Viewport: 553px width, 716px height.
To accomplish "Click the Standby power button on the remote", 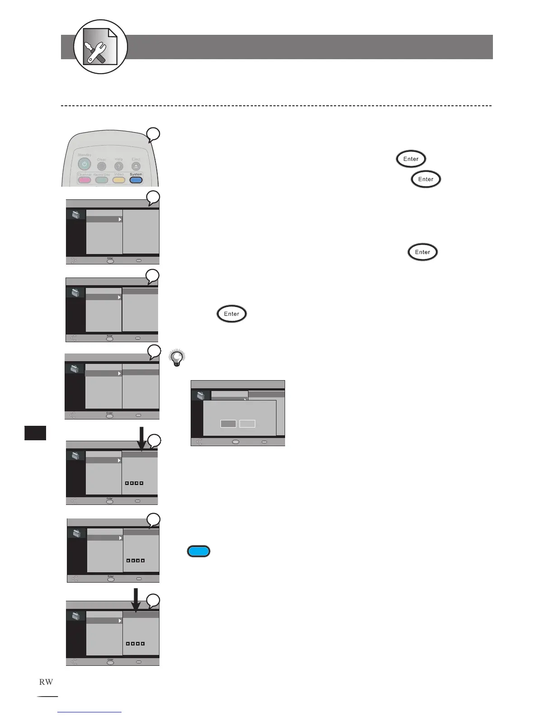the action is tap(84, 164).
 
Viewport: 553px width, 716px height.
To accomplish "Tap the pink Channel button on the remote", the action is tap(84, 180).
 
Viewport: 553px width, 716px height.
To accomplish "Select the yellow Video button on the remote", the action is tap(119, 180).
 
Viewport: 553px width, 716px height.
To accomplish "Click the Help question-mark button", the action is tap(119, 166).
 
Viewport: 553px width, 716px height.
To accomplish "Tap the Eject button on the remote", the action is tap(136, 166).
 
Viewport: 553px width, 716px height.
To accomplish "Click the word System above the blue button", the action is tap(136, 174).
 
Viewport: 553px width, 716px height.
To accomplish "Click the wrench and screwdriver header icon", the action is tap(100, 47).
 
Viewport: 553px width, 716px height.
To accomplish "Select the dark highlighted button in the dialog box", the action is tap(228, 424).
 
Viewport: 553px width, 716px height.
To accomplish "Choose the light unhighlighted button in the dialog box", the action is tap(247, 424).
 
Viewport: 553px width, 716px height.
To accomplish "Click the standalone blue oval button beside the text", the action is tap(199, 551).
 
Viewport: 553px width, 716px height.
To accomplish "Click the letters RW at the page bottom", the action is tap(46, 682).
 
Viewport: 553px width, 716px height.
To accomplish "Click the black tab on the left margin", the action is tap(35, 433).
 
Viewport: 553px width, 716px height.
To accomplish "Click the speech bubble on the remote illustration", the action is tap(153, 134).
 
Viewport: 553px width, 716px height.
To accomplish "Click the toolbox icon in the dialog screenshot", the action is tap(200, 396).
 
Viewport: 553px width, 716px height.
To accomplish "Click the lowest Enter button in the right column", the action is tap(422, 252).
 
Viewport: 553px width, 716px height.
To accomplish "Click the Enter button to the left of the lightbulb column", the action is tap(232, 314).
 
